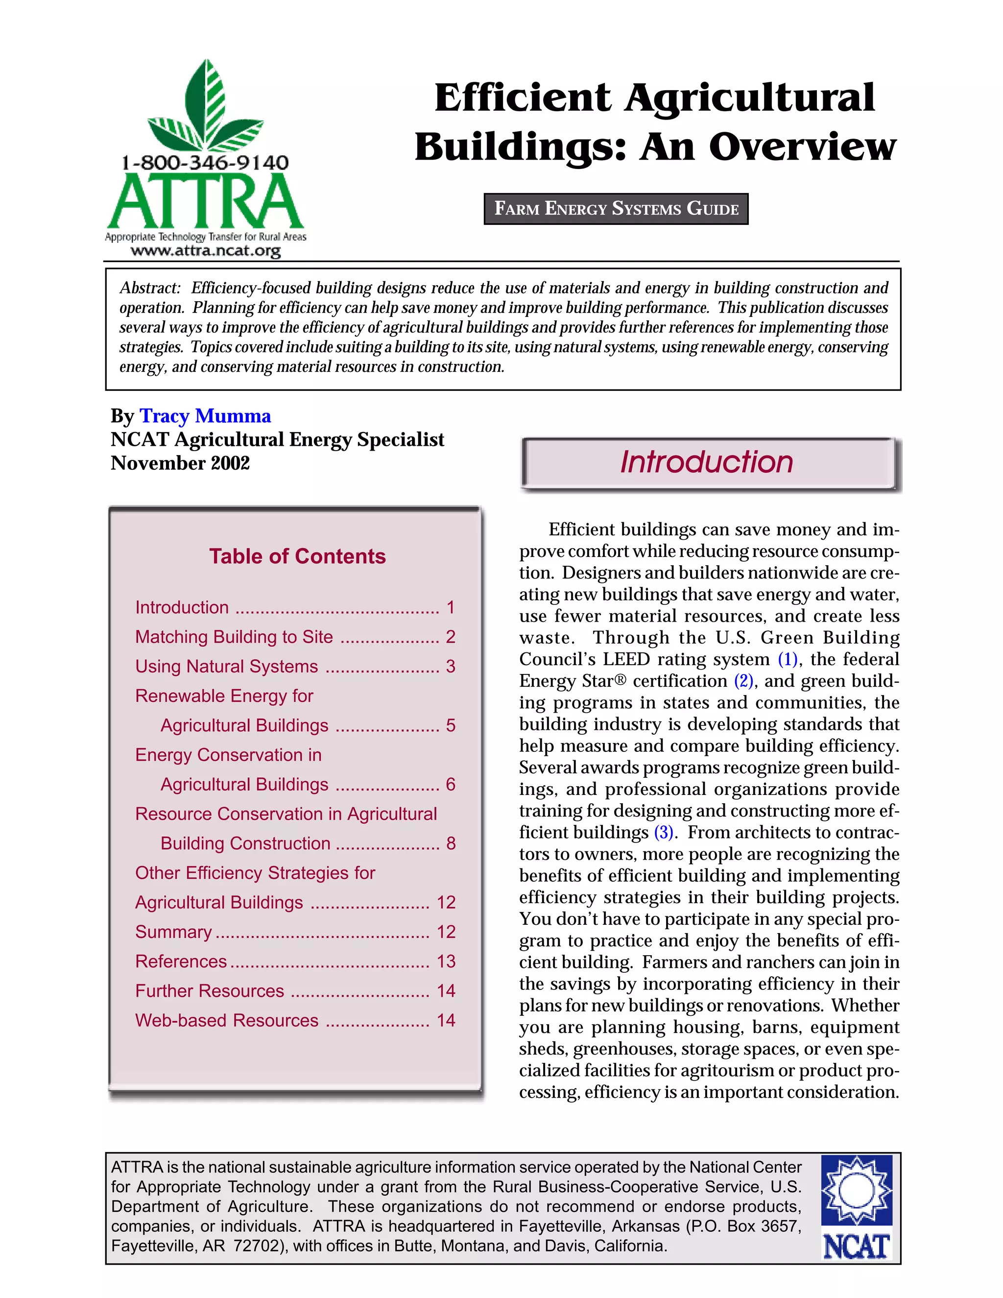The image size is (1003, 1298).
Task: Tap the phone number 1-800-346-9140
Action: click(x=205, y=162)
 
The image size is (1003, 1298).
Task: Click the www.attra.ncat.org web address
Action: click(x=206, y=251)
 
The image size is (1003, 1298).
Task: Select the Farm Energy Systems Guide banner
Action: click(x=616, y=209)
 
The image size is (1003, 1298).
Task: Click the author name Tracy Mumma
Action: click(x=205, y=416)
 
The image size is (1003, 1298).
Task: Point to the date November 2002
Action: click(x=180, y=463)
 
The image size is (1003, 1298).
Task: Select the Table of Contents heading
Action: click(x=297, y=556)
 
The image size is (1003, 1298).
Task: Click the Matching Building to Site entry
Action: click(x=234, y=637)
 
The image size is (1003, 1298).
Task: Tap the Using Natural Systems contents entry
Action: click(x=226, y=666)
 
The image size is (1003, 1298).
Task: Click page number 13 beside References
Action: click(x=446, y=961)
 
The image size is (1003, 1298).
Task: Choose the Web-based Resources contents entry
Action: click(x=226, y=1020)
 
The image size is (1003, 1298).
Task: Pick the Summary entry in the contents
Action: click(x=173, y=931)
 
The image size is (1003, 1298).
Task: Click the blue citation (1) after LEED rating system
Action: click(x=788, y=659)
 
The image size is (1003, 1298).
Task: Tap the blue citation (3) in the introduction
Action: click(x=664, y=832)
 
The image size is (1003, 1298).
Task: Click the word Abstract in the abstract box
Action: click(x=150, y=288)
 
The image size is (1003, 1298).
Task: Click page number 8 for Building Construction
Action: click(x=451, y=843)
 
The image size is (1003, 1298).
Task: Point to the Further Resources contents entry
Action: click(x=210, y=991)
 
